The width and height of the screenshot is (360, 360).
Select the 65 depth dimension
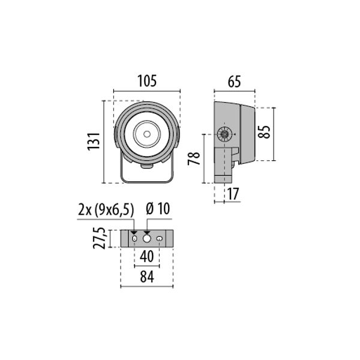235,82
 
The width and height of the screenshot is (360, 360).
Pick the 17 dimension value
233,194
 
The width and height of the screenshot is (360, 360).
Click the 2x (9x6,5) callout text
106,210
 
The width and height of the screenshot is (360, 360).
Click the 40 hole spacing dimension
147,256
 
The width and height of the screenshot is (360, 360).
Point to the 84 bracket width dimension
147,277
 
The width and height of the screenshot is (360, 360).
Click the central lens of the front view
146,134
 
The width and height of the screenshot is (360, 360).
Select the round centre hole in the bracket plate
146,239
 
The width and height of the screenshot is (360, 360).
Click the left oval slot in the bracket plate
134,239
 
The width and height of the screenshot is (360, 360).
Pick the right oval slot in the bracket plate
160,239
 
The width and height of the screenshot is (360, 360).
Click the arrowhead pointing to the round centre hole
146,232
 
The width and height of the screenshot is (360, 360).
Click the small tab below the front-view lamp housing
146,167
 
